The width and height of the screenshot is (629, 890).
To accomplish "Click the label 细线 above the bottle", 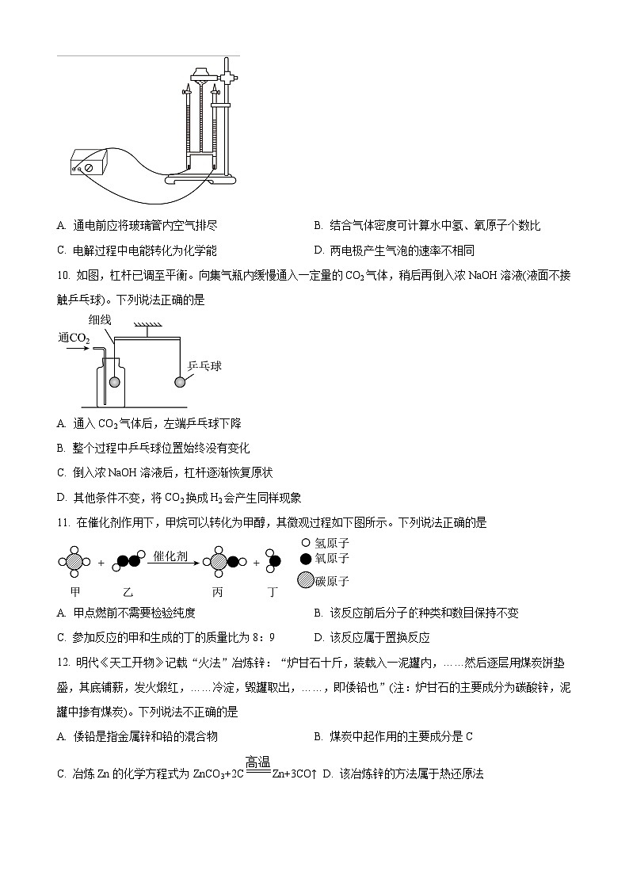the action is click(x=101, y=319).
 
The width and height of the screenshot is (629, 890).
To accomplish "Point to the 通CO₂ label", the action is click(x=74, y=338).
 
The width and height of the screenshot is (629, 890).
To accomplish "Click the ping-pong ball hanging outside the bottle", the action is click(x=181, y=382).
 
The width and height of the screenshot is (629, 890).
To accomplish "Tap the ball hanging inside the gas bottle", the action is click(x=116, y=382).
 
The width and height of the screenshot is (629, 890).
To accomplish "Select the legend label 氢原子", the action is click(x=331, y=544).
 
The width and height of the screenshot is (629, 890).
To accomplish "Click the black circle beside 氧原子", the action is click(x=306, y=559).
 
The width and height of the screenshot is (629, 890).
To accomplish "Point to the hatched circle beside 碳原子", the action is click(x=306, y=579).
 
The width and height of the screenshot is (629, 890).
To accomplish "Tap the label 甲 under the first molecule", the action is click(x=75, y=592).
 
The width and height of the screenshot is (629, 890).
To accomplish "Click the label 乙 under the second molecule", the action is click(x=129, y=592).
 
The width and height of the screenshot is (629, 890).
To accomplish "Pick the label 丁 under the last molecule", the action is click(x=273, y=592).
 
